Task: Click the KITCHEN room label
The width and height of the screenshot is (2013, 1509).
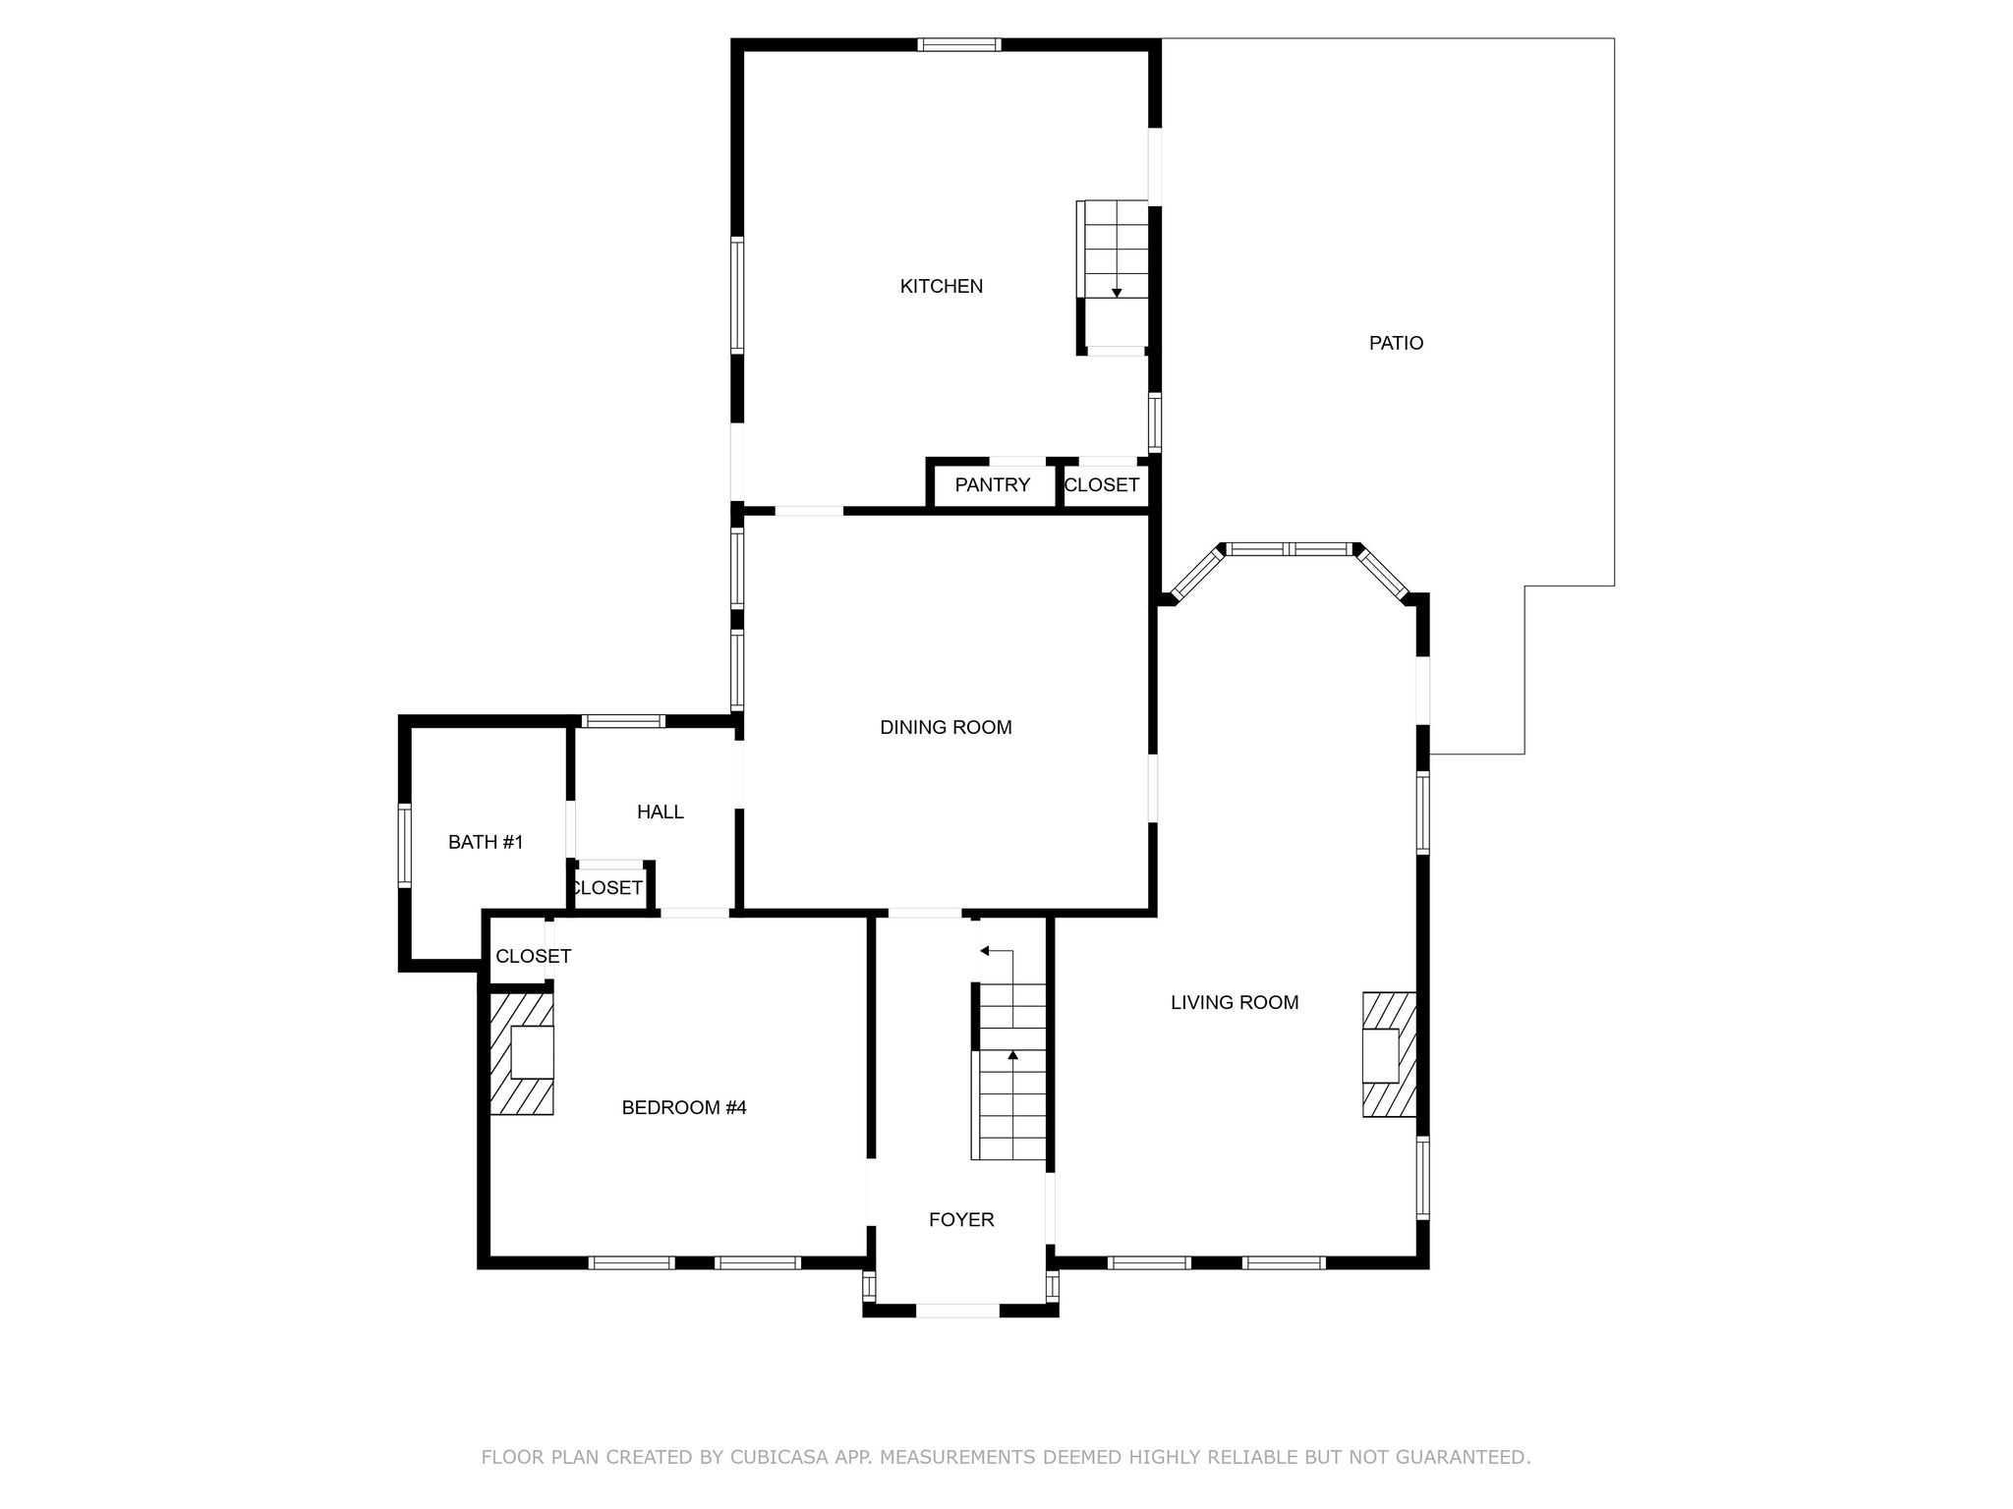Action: tap(941, 286)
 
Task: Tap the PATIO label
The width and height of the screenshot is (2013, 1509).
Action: tap(1396, 343)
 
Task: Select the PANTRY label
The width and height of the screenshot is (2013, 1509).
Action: tap(992, 484)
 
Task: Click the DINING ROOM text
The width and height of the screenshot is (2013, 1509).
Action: tap(946, 727)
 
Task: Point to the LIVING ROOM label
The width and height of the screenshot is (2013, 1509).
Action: tap(1235, 1002)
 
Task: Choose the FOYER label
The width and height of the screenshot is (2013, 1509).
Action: tap(961, 1219)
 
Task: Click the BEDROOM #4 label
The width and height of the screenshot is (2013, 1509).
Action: tap(684, 1107)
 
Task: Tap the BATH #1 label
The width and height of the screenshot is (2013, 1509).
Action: tap(486, 842)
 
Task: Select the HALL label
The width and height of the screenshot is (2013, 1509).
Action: tap(660, 811)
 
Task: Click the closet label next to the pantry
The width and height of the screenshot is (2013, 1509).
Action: tap(1101, 484)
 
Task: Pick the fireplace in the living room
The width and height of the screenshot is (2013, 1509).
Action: tap(1388, 1054)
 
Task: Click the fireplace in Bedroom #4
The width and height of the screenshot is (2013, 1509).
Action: tap(523, 1054)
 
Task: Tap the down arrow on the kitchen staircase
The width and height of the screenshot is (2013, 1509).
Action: tap(1117, 292)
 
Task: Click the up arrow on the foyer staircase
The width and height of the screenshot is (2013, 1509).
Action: tap(1012, 1056)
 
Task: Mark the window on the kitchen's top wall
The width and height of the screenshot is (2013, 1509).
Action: tap(959, 44)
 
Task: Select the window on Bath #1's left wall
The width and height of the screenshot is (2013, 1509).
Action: tap(404, 845)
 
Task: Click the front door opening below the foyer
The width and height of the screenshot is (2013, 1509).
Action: tap(957, 1310)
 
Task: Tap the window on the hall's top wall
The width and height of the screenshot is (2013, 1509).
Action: tap(623, 721)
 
